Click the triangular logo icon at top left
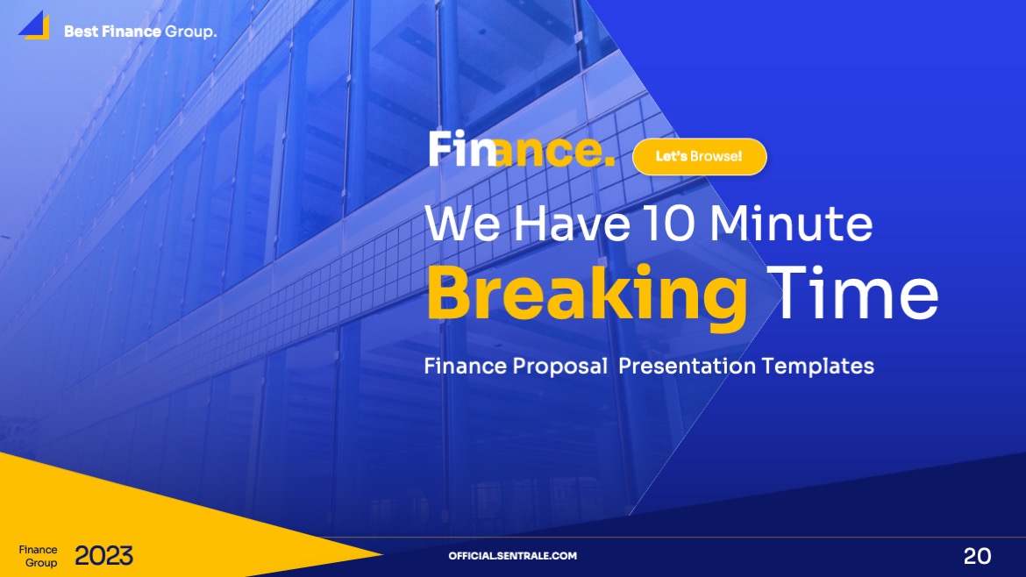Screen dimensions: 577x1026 tap(34, 25)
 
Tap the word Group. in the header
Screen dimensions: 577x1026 tap(191, 32)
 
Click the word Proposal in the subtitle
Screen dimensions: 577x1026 tap(559, 366)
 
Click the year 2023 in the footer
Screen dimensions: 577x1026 tap(103, 556)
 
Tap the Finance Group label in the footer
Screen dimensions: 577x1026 tap(39, 556)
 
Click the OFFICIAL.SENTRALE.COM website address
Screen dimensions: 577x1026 tap(512, 556)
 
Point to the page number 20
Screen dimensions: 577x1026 tap(977, 556)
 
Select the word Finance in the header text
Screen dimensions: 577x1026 tap(131, 32)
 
